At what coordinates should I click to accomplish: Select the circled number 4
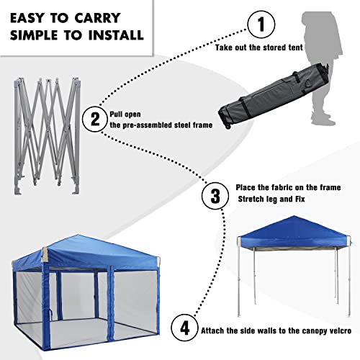[186, 329]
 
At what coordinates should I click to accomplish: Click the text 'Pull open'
[130, 113]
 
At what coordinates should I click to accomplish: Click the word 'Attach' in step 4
[215, 330]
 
